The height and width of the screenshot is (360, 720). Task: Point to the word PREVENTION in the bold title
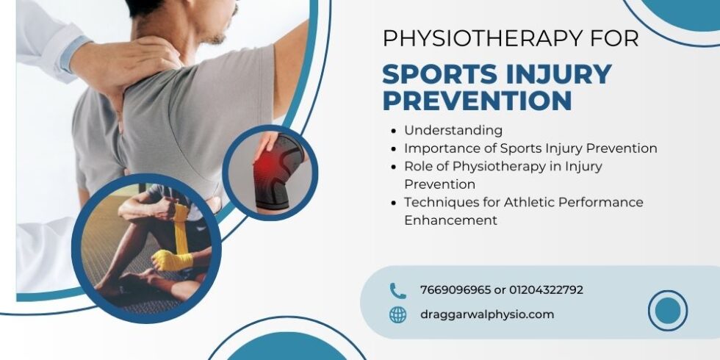[477, 100]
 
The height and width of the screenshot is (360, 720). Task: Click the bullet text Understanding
[453, 130]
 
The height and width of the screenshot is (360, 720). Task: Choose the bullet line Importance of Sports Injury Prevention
[530, 148]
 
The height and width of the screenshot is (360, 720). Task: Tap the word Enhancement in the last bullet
[450, 220]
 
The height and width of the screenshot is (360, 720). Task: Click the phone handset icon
[397, 290]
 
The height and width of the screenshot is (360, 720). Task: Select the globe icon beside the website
[397, 314]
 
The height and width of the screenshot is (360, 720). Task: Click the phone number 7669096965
[456, 290]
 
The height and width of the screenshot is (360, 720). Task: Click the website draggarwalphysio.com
[487, 314]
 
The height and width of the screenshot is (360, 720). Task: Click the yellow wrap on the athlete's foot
[170, 259]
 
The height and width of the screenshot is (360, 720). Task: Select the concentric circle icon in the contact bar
[667, 310]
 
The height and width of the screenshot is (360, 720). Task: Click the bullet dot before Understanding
[396, 131]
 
